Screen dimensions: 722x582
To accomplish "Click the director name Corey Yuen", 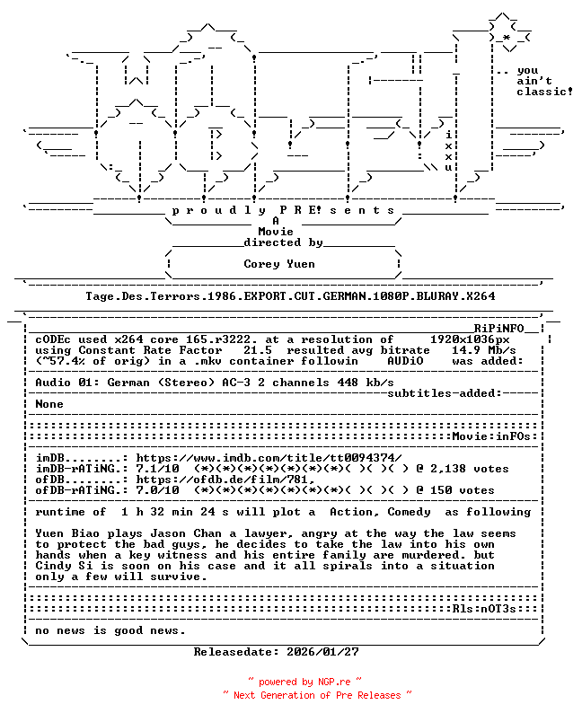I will click(x=279, y=264).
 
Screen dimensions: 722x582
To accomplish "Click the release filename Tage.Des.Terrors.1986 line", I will click(x=290, y=295).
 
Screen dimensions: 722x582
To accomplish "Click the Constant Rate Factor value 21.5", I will click(x=258, y=350).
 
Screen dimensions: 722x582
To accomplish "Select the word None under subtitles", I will click(x=49, y=404).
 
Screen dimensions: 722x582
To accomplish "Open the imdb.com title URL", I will click(x=269, y=458).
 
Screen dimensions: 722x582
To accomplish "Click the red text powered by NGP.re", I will click(x=304, y=682).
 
